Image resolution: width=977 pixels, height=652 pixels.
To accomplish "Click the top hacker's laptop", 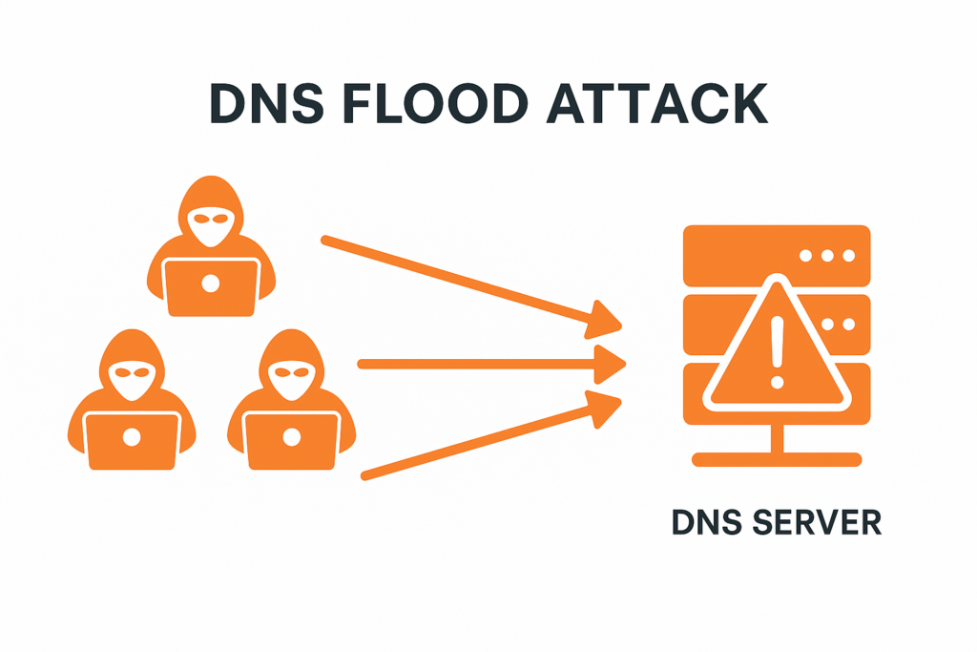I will click(x=211, y=285).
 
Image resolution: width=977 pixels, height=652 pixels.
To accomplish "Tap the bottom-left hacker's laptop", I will click(x=132, y=438).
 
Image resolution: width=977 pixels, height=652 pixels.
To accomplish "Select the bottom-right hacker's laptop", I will click(x=291, y=438).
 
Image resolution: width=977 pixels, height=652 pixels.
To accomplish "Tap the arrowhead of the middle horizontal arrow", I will click(x=609, y=363).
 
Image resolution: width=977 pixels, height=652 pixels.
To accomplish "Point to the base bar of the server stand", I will click(x=777, y=460).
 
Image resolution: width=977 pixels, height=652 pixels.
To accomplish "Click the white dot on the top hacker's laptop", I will click(x=211, y=284).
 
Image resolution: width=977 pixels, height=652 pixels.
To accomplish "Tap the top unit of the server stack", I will click(x=777, y=256).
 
